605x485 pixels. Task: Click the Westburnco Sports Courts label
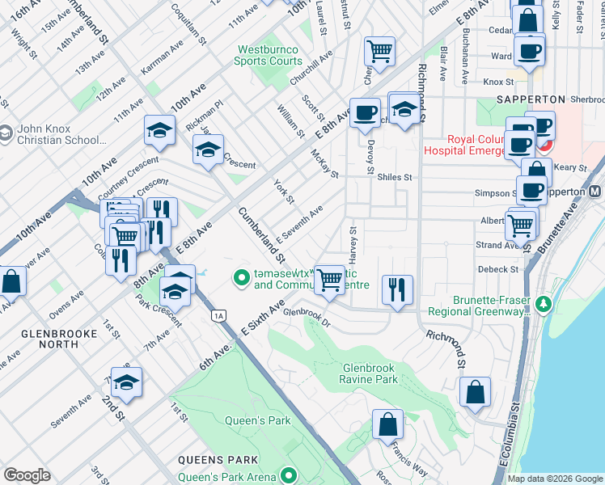(267, 55)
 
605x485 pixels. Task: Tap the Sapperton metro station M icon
(594, 192)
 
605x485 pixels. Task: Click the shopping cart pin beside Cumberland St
(328, 279)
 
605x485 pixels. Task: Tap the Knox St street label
(498, 82)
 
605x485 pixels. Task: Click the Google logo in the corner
(27, 475)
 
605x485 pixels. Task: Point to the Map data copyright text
(554, 479)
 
